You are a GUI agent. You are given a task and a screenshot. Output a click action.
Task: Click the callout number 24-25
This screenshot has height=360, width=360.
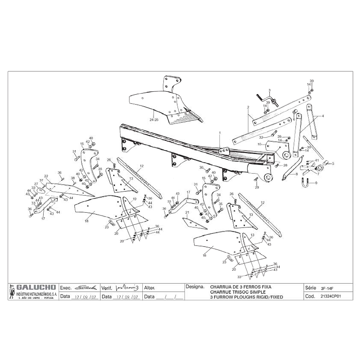(154, 120)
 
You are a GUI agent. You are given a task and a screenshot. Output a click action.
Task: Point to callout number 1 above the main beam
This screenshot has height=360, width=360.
(220, 133)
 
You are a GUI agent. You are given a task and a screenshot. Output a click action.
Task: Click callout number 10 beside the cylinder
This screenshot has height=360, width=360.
(259, 144)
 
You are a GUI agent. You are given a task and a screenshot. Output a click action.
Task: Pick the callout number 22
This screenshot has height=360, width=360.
(46, 176)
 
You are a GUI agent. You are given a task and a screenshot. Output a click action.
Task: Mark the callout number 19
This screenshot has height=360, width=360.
(134, 199)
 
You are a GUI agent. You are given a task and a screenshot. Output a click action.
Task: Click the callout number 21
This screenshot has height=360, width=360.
(187, 212)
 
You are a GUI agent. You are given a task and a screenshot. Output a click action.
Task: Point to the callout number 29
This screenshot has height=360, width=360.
(257, 188)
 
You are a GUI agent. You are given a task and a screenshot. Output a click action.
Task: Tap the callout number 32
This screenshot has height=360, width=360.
(261, 137)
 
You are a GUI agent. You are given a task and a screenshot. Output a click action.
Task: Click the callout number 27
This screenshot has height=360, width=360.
(36, 184)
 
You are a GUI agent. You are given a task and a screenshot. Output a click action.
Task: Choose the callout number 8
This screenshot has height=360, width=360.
(296, 174)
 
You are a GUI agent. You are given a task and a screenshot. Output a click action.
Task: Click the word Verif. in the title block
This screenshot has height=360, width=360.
(107, 288)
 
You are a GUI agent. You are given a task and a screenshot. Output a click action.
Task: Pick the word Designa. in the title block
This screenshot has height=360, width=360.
(195, 287)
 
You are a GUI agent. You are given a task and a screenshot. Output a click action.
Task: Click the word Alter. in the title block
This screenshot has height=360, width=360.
(149, 288)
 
